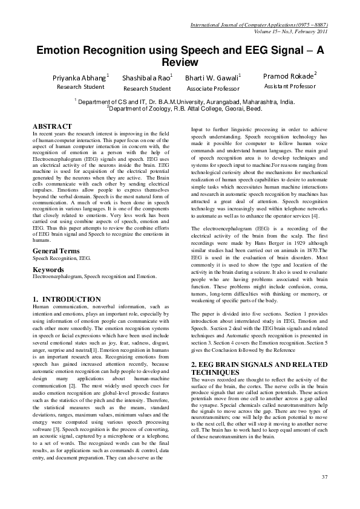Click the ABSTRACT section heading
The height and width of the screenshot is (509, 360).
(53, 126)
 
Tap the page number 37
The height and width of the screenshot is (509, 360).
(324, 478)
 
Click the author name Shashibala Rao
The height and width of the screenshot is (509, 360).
(146, 78)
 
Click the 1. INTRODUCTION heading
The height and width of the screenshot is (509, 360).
(67, 299)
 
